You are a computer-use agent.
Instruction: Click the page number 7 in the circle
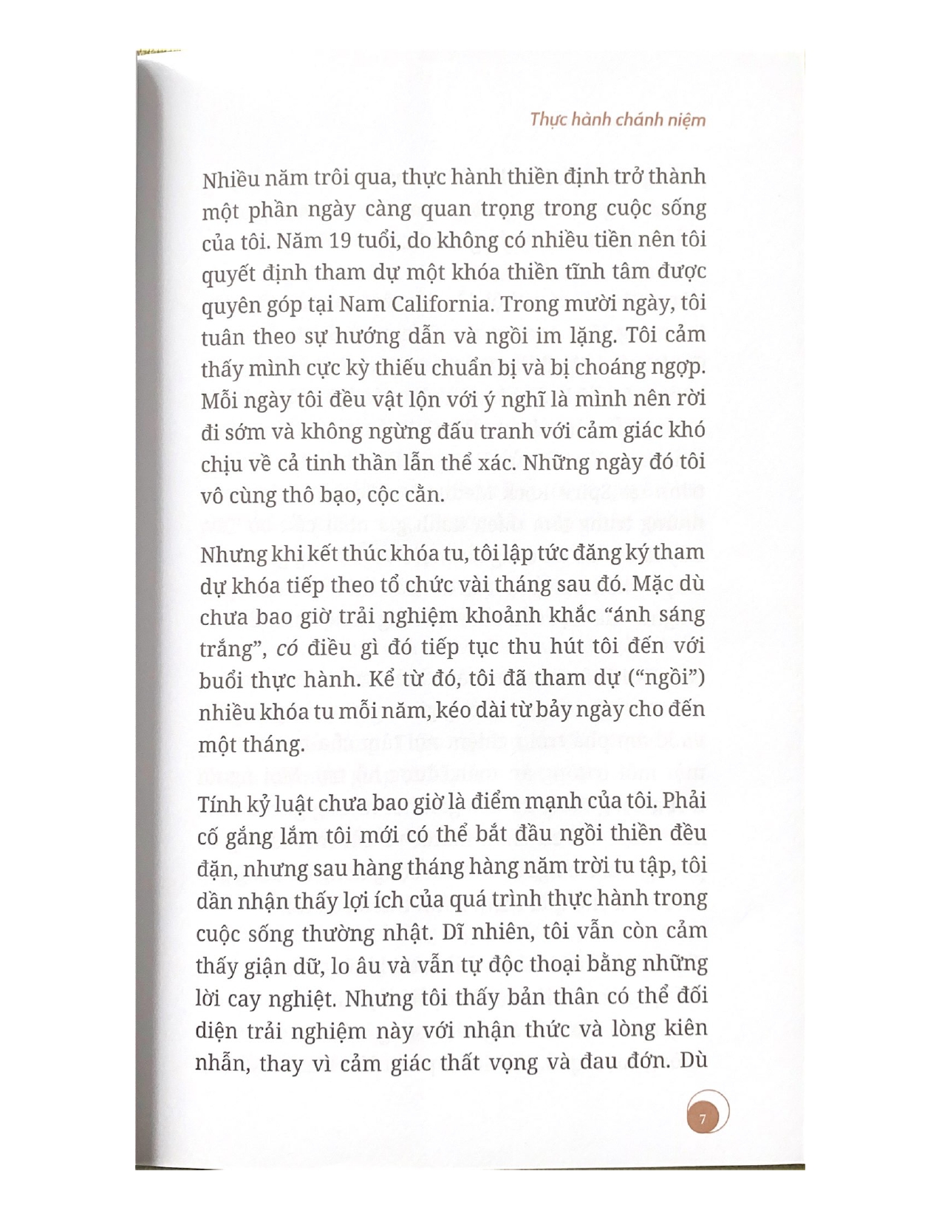click(x=702, y=1119)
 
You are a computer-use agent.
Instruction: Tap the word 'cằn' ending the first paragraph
click(x=421, y=494)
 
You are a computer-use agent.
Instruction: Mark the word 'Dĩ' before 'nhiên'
click(x=454, y=931)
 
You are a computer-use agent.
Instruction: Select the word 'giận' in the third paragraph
click(x=273, y=965)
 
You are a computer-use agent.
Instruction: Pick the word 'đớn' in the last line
click(x=647, y=1062)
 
